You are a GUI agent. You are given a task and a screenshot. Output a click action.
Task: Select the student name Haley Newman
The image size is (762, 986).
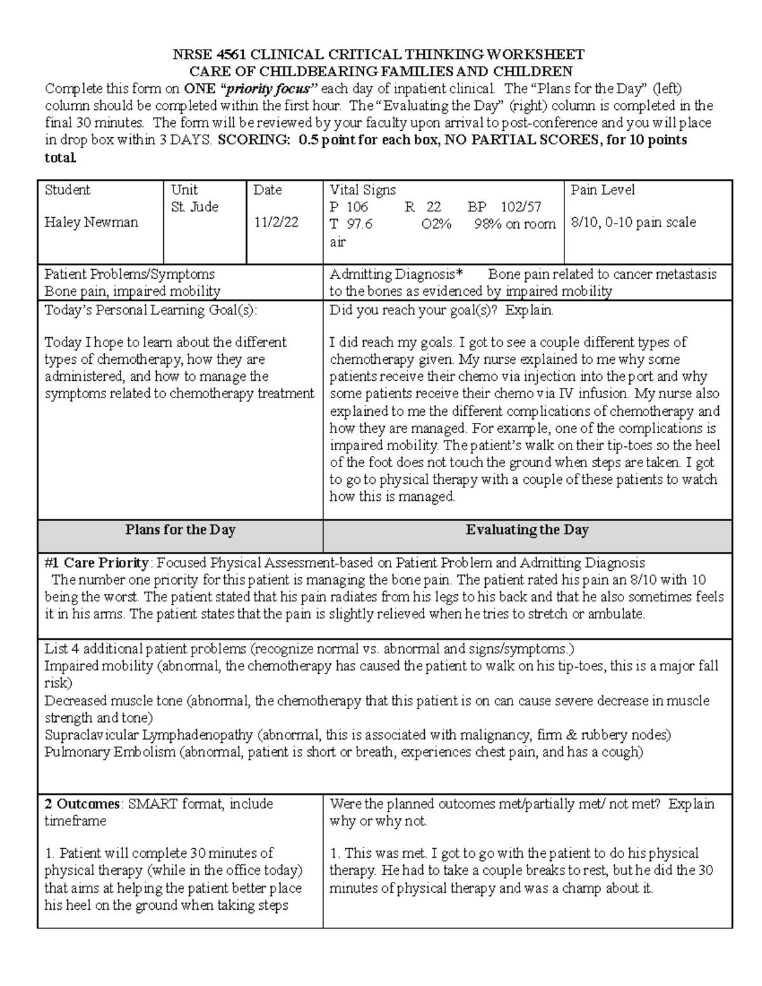(x=91, y=223)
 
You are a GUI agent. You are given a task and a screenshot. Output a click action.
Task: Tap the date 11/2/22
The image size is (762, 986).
(x=276, y=223)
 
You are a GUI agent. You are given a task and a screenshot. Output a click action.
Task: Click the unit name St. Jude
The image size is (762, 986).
(x=194, y=207)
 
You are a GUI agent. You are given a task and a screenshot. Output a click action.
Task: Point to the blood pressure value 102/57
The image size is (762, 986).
(x=521, y=207)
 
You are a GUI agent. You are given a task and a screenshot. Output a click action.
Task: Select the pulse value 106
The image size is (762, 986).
(x=358, y=207)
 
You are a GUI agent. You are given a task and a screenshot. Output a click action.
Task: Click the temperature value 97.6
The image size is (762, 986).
(x=360, y=224)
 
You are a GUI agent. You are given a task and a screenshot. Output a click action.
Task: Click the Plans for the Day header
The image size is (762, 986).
(x=180, y=530)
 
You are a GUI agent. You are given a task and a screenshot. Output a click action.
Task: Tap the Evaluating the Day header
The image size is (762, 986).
(x=527, y=530)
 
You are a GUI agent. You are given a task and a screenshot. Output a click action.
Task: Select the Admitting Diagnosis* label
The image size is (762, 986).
(x=396, y=274)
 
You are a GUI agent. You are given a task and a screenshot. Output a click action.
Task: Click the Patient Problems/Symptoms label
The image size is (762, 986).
(x=130, y=274)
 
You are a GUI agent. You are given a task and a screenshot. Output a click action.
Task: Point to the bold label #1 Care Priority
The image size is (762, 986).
(x=97, y=563)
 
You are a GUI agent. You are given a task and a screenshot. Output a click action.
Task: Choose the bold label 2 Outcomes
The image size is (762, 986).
(x=81, y=804)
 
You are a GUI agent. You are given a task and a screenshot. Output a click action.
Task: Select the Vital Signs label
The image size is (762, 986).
(x=363, y=190)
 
